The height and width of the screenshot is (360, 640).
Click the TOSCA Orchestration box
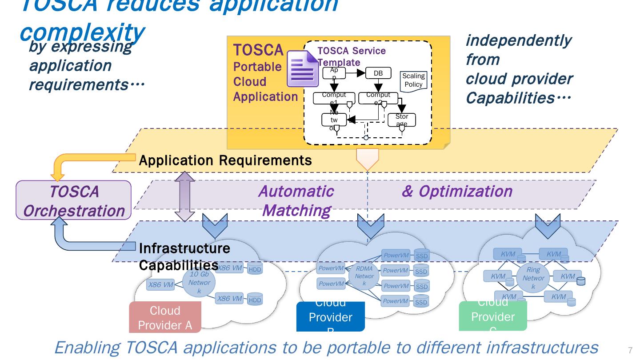coord(74,200)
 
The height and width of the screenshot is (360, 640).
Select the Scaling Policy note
coord(413,80)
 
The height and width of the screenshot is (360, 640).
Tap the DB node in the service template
coord(378,73)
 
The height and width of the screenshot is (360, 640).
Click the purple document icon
coord(303,68)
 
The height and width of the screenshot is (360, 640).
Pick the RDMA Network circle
coord(364,276)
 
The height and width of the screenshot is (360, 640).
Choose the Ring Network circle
coord(533,278)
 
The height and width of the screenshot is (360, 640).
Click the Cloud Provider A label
coord(165,317)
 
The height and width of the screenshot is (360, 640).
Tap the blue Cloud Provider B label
coord(330,316)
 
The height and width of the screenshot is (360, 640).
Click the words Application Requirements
coord(225,160)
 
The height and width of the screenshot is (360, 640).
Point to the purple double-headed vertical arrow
coord(185,196)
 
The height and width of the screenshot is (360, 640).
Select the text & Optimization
coord(457,191)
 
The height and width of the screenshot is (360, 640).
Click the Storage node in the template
coord(401,120)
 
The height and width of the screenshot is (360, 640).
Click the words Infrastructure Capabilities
coord(184,256)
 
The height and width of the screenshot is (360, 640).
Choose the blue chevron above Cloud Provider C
coord(548,226)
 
